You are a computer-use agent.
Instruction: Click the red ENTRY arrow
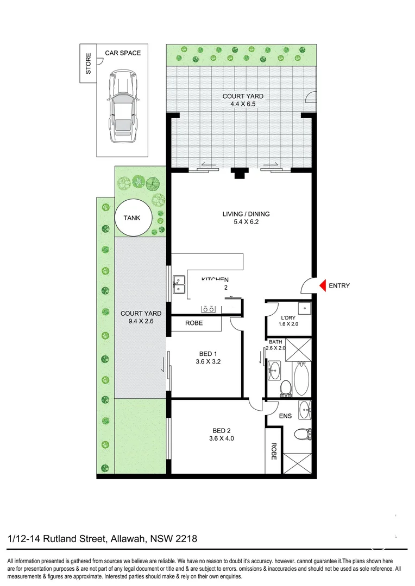point(322,285)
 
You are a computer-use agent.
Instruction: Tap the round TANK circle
point(131,218)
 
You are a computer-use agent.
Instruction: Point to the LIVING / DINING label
point(246,214)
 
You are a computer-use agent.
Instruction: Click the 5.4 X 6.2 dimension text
point(246,222)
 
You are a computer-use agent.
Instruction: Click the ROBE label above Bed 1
point(194,323)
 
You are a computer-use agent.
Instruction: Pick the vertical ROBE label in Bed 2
point(274,450)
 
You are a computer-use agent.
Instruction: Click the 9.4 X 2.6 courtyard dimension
point(141,322)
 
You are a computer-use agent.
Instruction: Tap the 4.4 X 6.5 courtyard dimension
point(243,105)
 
